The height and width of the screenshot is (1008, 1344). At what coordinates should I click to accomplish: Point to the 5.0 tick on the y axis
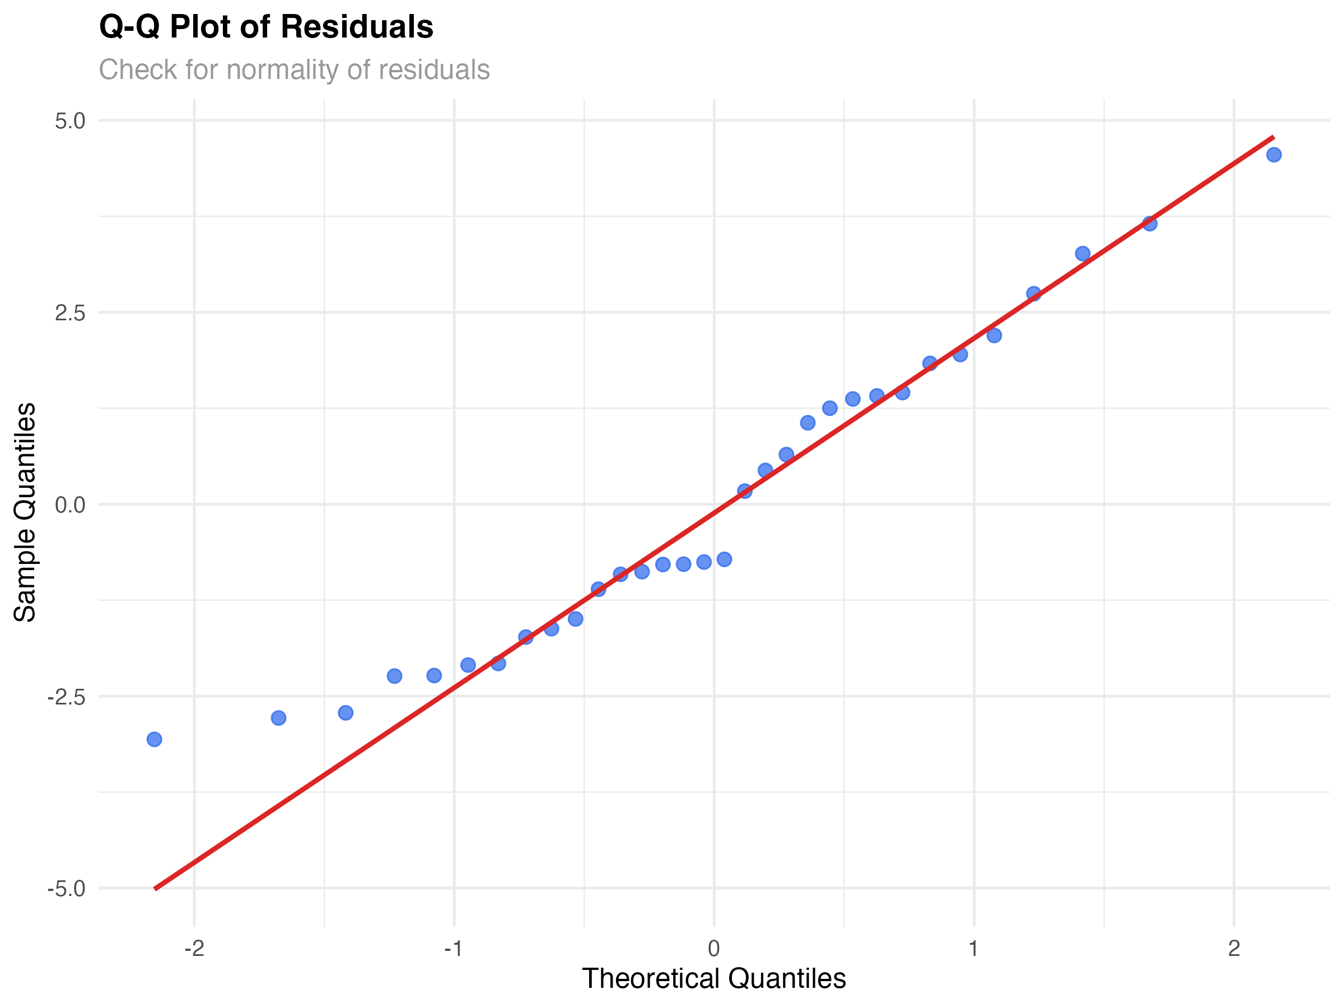(70, 121)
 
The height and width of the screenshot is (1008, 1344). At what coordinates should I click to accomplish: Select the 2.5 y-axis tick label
(70, 313)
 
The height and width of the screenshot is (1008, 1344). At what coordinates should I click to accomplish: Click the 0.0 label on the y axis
(70, 505)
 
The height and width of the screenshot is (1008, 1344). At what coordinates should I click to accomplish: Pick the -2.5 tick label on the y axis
(66, 697)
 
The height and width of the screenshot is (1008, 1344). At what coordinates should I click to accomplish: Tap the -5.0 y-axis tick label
(66, 889)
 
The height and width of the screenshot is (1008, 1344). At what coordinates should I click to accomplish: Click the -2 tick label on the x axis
(194, 949)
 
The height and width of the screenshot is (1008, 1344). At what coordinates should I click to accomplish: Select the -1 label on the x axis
(454, 949)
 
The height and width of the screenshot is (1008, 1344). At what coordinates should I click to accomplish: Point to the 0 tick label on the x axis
(714, 949)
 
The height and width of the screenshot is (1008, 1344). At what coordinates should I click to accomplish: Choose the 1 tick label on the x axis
(973, 949)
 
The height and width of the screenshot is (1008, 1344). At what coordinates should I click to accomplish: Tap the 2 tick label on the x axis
(1234, 949)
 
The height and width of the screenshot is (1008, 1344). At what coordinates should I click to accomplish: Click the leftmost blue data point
(155, 739)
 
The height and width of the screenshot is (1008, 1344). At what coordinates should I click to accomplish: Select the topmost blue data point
(1274, 155)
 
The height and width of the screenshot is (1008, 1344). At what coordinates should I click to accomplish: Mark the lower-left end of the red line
(156, 889)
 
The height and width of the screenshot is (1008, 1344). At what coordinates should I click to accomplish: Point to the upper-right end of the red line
(1273, 137)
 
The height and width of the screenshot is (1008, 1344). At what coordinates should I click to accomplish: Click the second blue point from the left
(278, 718)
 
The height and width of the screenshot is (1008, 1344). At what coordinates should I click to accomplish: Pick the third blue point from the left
(346, 713)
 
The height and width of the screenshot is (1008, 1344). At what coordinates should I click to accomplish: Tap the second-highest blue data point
(1150, 223)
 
